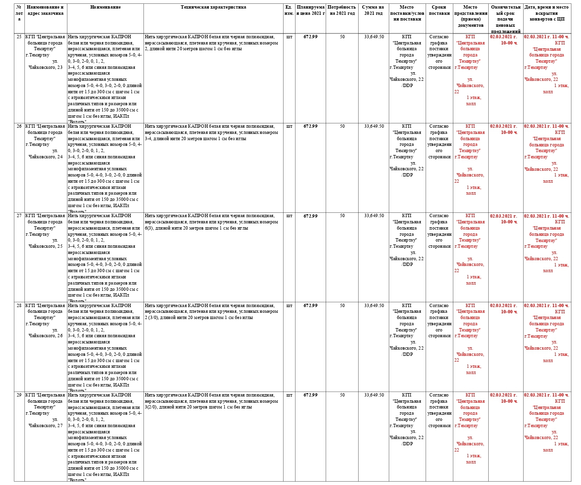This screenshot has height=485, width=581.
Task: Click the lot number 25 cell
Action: click(19, 37)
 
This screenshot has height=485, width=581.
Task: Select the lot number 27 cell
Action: click(19, 216)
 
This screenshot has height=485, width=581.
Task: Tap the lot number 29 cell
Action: click(19, 395)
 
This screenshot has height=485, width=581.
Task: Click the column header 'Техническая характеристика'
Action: click(214, 8)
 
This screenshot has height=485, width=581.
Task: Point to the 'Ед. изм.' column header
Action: click(289, 11)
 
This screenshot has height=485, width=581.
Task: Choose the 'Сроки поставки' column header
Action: click(439, 11)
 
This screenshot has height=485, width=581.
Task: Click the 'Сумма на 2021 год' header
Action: click(373, 11)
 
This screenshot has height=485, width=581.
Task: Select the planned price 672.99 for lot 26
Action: click(310, 126)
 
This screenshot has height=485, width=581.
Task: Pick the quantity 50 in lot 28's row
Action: click(342, 306)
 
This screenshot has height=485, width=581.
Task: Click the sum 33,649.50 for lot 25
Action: click(373, 37)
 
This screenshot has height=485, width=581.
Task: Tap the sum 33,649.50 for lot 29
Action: click(373, 395)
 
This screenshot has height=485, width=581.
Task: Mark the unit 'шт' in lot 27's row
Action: click(289, 216)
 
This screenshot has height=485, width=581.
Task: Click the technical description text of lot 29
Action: click(211, 401)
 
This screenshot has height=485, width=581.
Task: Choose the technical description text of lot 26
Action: click(211, 132)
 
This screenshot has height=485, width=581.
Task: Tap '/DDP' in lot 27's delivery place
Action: click(407, 265)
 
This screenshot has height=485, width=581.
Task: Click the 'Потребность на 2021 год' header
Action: click(342, 11)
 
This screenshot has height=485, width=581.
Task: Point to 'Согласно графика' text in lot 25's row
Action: click(439, 40)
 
